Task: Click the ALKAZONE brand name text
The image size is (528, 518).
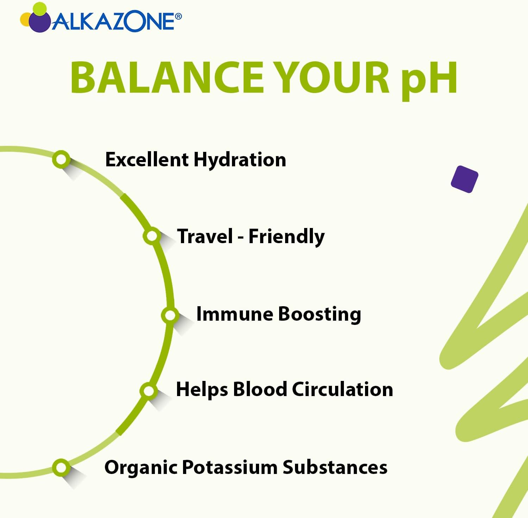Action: click(113, 22)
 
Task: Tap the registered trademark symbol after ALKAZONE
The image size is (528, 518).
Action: click(178, 16)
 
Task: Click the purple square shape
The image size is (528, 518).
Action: click(464, 179)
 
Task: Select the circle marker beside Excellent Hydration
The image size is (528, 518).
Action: click(61, 159)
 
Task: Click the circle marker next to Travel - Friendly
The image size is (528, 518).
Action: click(152, 236)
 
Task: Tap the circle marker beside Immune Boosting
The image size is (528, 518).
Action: click(170, 315)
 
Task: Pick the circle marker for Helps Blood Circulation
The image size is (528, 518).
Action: click(149, 390)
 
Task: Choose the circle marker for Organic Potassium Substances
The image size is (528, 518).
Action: click(61, 468)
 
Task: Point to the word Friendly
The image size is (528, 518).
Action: click(287, 236)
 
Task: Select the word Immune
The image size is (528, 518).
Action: click(234, 314)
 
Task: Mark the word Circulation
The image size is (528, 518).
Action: click(342, 389)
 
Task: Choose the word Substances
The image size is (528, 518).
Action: click(335, 467)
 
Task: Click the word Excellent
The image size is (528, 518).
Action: click(147, 160)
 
